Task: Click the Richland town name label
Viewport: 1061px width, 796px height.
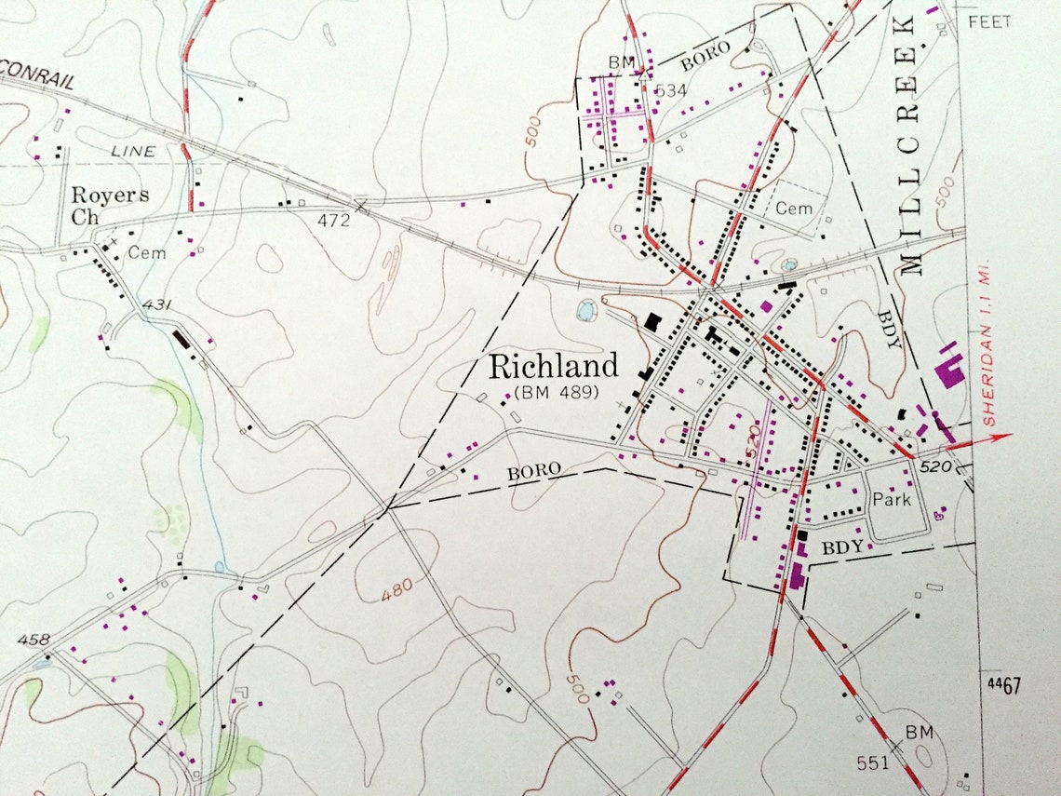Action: pyautogui.click(x=554, y=365)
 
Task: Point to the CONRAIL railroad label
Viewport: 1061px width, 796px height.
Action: pyautogui.click(x=38, y=81)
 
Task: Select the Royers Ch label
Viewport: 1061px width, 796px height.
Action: pyautogui.click(x=110, y=206)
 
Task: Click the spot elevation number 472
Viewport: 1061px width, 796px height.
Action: pyautogui.click(x=332, y=221)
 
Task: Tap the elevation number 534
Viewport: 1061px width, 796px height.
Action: pyautogui.click(x=670, y=90)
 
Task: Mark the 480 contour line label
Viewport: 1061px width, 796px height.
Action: pyautogui.click(x=397, y=589)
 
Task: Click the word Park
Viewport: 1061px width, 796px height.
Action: pyautogui.click(x=891, y=499)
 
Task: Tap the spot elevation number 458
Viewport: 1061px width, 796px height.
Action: pyautogui.click(x=33, y=640)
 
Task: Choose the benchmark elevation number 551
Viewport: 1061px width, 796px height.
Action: pyautogui.click(x=873, y=762)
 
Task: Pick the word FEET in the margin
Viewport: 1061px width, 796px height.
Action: pyautogui.click(x=989, y=21)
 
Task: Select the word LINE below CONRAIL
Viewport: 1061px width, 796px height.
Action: pyautogui.click(x=133, y=151)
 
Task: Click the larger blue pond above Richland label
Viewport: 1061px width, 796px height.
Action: pyautogui.click(x=587, y=310)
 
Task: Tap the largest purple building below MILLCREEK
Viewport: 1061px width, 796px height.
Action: pyautogui.click(x=949, y=373)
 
